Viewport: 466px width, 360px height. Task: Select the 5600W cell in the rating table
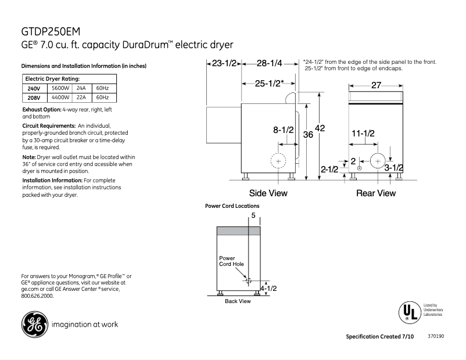pos(60,88)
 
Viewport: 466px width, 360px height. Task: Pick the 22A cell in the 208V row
pos(81,98)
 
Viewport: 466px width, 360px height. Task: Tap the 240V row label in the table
pos(34,88)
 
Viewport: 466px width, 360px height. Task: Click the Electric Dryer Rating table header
pos(52,78)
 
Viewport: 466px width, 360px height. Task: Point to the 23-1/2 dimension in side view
pos(224,63)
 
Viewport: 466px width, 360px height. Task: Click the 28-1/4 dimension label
pos(270,63)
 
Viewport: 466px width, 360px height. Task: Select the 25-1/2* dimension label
pos(270,83)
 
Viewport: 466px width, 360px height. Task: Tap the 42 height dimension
pos(320,128)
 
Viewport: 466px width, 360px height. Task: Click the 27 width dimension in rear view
pos(376,85)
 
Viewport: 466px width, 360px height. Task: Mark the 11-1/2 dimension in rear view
pos(363,134)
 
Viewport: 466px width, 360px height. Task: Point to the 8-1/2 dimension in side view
pos(284,131)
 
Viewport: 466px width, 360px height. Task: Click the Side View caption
pos(268,193)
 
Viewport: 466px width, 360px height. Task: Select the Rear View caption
pos(375,193)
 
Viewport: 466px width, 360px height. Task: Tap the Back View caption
pos(237,301)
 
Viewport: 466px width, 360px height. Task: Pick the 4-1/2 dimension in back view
pos(268,288)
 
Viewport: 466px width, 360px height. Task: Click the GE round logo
pos(34,324)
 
